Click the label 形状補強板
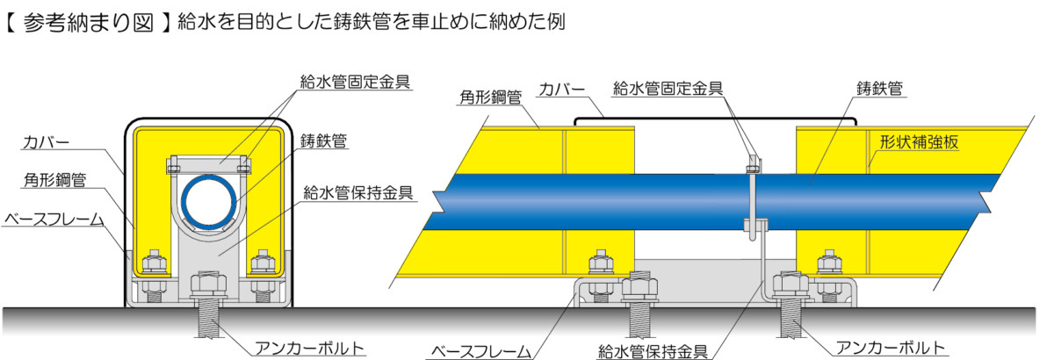(919, 141)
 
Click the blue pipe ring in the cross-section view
(209, 202)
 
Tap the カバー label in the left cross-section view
(46, 141)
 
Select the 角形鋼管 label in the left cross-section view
(54, 179)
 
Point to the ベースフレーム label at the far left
(54, 220)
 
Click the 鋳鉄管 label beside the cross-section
(323, 140)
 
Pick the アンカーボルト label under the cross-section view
(309, 349)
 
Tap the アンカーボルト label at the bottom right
(891, 348)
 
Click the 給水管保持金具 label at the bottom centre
(653, 351)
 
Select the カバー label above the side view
(561, 89)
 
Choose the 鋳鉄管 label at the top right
(879, 89)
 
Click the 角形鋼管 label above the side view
(490, 97)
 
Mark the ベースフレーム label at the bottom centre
(480, 351)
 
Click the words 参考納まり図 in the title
(88, 23)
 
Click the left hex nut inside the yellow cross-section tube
(155, 263)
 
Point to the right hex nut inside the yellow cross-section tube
(263, 263)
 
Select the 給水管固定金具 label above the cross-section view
(355, 82)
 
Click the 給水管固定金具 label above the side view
(668, 88)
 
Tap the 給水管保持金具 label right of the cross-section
(358, 192)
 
